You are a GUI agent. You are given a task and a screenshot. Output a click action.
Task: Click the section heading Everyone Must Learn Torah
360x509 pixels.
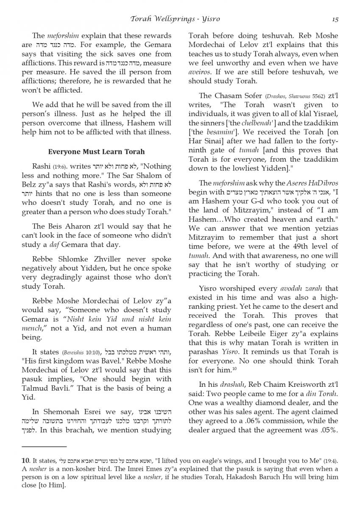[x=96, y=151]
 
